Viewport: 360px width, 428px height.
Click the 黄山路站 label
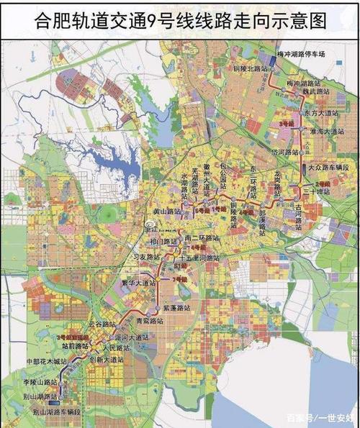coord(162,212)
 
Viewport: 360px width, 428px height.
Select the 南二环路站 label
coord(202,238)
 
